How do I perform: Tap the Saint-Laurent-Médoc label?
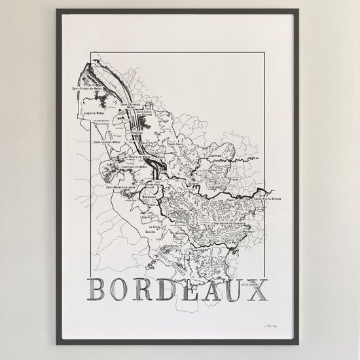point(108,142)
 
